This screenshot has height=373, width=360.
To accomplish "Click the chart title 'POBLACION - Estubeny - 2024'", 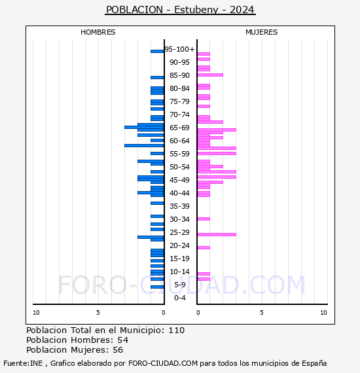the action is (180, 10).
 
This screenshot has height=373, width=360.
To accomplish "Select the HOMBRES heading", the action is (98, 32).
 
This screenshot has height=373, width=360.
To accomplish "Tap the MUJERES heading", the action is (262, 32).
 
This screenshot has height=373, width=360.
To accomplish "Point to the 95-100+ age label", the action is (179, 49).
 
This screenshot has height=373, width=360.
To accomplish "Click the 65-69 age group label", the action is (179, 128).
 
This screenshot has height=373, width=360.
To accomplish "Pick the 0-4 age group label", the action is (179, 298).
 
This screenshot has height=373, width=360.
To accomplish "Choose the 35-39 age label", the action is (179, 206).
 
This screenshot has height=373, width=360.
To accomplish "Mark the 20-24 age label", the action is (179, 245).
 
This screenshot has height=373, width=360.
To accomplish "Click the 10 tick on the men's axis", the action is (36, 313).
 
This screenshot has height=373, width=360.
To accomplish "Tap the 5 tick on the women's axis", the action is (262, 313).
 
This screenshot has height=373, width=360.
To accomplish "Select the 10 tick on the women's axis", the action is (323, 313).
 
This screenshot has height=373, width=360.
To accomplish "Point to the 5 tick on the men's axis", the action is (98, 313).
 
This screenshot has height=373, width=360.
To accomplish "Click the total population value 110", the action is (177, 330).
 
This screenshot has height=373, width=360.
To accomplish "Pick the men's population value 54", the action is (123, 340).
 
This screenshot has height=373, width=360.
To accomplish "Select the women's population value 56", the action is (118, 350).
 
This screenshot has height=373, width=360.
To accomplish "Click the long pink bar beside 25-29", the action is (217, 234).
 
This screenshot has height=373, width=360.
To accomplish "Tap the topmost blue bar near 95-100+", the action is (157, 52).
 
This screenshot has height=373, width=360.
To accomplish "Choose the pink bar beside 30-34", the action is (204, 219).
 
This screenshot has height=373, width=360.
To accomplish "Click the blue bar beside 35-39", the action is (157, 203).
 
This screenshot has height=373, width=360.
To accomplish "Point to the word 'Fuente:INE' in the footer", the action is (23, 363).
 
